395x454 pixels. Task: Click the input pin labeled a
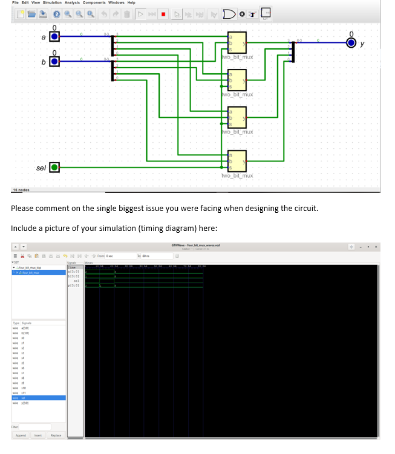pos(54,37)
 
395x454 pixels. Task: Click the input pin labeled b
pos(54,60)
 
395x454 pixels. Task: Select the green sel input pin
pos(54,167)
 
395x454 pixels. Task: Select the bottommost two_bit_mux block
pos(237,161)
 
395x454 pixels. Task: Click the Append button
pos(21,435)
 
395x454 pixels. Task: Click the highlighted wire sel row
pos(33,398)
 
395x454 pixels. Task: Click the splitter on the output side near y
pos(293,51)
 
